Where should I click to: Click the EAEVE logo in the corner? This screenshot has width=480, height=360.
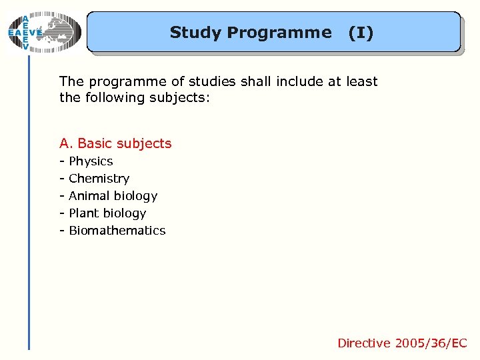(x=43, y=32)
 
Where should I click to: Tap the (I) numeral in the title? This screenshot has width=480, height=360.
(x=361, y=32)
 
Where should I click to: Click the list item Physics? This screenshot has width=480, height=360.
(x=91, y=161)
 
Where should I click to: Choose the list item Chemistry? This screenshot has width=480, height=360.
(x=99, y=179)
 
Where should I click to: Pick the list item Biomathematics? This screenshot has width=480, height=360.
(x=117, y=231)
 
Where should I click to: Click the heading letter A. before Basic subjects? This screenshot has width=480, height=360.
(x=66, y=143)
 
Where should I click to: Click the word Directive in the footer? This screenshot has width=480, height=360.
(x=364, y=343)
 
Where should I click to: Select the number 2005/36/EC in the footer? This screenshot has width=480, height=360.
(x=431, y=343)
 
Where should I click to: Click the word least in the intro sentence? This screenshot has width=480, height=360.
(x=361, y=82)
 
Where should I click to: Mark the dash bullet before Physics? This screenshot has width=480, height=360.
(x=62, y=161)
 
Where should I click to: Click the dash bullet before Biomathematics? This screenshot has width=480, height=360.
(x=62, y=231)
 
